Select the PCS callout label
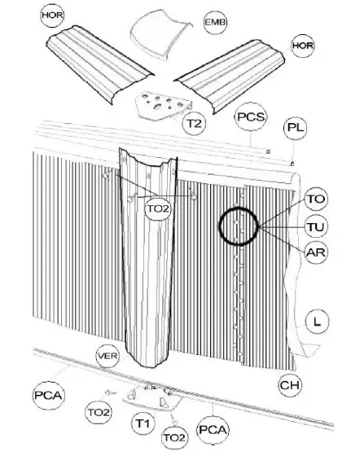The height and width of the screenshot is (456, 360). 250,117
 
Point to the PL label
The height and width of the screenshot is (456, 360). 294,129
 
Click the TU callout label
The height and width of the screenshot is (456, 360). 315,225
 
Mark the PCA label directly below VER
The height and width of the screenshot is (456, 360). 47,396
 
